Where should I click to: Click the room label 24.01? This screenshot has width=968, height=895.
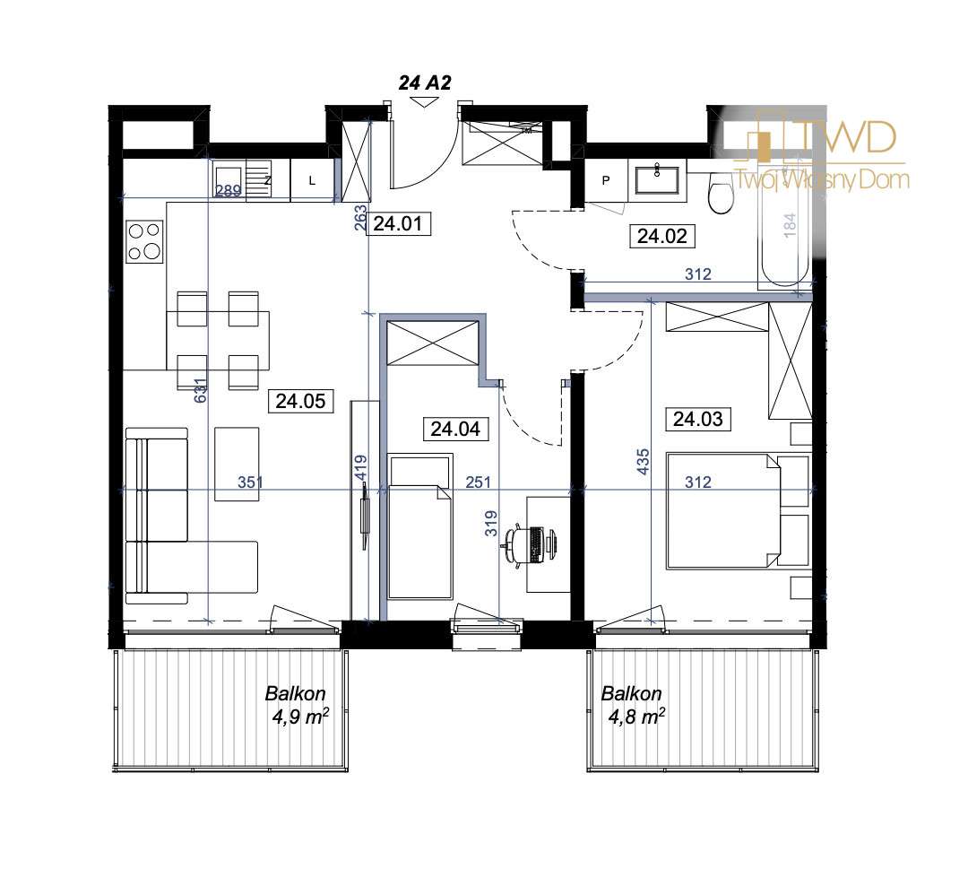click(402, 224)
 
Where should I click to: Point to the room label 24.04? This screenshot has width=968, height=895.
click(455, 430)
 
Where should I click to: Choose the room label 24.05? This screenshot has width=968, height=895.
click(300, 402)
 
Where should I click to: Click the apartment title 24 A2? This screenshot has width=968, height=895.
click(424, 83)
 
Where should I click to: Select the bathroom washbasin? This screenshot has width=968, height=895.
click(659, 179)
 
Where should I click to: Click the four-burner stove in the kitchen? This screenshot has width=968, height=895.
click(144, 241)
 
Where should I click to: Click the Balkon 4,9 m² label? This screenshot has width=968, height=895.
click(294, 705)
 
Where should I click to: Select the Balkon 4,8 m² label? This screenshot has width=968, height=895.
click(632, 705)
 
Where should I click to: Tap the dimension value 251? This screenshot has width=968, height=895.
click(479, 482)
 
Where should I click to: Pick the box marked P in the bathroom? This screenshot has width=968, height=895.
click(605, 180)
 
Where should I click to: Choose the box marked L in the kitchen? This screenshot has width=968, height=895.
click(312, 180)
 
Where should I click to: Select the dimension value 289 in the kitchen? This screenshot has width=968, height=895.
click(229, 190)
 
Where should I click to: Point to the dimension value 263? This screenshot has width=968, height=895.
click(359, 221)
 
